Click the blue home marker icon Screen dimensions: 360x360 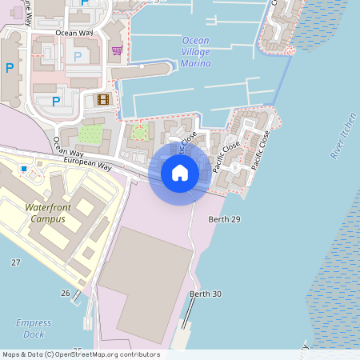(x=180, y=172)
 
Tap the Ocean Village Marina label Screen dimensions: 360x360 (x=196, y=51)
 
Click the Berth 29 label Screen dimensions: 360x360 (x=223, y=218)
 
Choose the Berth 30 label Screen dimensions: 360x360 (x=205, y=294)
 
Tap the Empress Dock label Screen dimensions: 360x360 (x=34, y=328)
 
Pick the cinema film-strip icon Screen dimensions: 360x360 (x=102, y=99)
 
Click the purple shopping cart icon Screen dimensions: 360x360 (x=117, y=50)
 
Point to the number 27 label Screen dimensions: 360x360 (x=15, y=262)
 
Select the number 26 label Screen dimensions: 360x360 (x=66, y=293)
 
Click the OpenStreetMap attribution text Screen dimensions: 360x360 (x=81, y=354)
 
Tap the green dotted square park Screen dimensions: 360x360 (x=90, y=134)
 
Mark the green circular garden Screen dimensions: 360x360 (x=140, y=132)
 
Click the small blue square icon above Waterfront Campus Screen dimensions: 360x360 (x=25, y=169)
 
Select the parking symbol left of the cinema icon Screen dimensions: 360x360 (x=56, y=101)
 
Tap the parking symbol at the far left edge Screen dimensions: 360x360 (x=10, y=69)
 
